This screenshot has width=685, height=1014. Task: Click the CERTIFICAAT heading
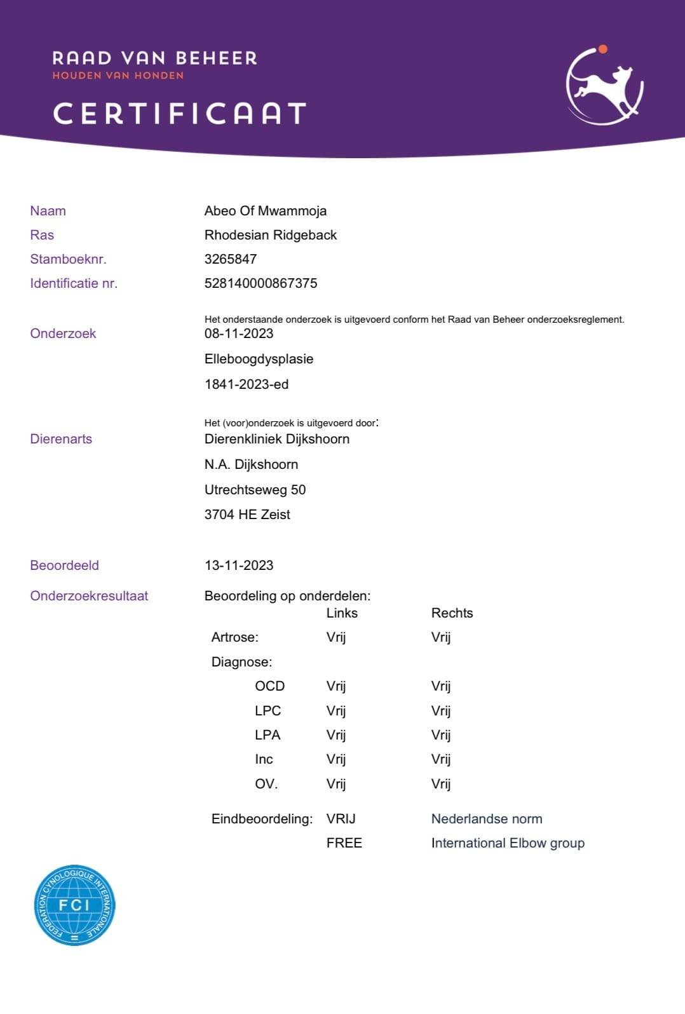(x=180, y=114)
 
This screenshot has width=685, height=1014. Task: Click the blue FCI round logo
(x=74, y=905)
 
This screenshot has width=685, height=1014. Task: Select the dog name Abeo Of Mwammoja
(x=265, y=211)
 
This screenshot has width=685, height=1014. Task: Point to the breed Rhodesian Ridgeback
(x=270, y=235)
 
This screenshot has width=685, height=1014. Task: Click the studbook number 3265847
(x=230, y=259)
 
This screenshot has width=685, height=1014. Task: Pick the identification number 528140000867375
(x=261, y=283)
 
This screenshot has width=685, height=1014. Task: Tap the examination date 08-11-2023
(x=238, y=334)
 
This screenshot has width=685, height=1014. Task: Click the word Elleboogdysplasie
(x=259, y=359)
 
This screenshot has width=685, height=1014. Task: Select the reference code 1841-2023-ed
(x=246, y=384)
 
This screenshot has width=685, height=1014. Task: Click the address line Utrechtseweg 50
(x=255, y=490)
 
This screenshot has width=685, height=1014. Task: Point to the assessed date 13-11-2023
(x=238, y=565)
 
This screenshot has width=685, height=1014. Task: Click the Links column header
(x=342, y=613)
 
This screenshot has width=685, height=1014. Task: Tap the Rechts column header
(x=452, y=613)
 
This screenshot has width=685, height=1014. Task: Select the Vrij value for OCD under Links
(x=336, y=686)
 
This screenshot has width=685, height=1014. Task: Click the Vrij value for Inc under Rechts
(x=440, y=759)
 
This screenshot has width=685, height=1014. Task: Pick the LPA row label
(x=268, y=735)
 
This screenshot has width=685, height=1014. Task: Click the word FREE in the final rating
(x=344, y=843)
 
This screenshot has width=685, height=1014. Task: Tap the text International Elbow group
(x=508, y=843)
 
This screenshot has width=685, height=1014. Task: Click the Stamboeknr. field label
(x=68, y=259)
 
